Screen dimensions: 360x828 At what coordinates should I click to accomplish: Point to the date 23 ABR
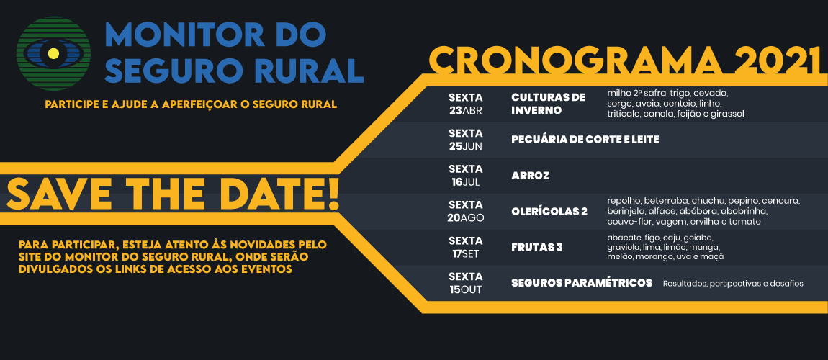tap(465, 104)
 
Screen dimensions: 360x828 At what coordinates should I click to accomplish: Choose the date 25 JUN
tap(465, 140)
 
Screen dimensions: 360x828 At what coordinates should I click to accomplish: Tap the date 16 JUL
tap(465, 176)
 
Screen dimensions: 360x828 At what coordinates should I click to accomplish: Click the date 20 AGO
tap(465, 211)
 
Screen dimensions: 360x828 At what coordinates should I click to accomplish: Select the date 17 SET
tap(465, 247)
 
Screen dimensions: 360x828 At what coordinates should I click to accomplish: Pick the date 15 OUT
tap(465, 283)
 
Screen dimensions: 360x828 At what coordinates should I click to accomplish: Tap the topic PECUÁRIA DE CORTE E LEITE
tap(585, 140)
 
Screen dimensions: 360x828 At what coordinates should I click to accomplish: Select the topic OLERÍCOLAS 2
tap(549, 212)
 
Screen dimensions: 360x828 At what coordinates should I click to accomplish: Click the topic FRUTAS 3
tap(537, 248)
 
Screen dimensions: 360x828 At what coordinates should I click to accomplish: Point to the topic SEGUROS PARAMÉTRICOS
tap(582, 283)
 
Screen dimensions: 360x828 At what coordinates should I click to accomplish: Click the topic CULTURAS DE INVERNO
tap(548, 104)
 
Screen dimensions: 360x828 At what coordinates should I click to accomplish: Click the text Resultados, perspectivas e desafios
tap(733, 284)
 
